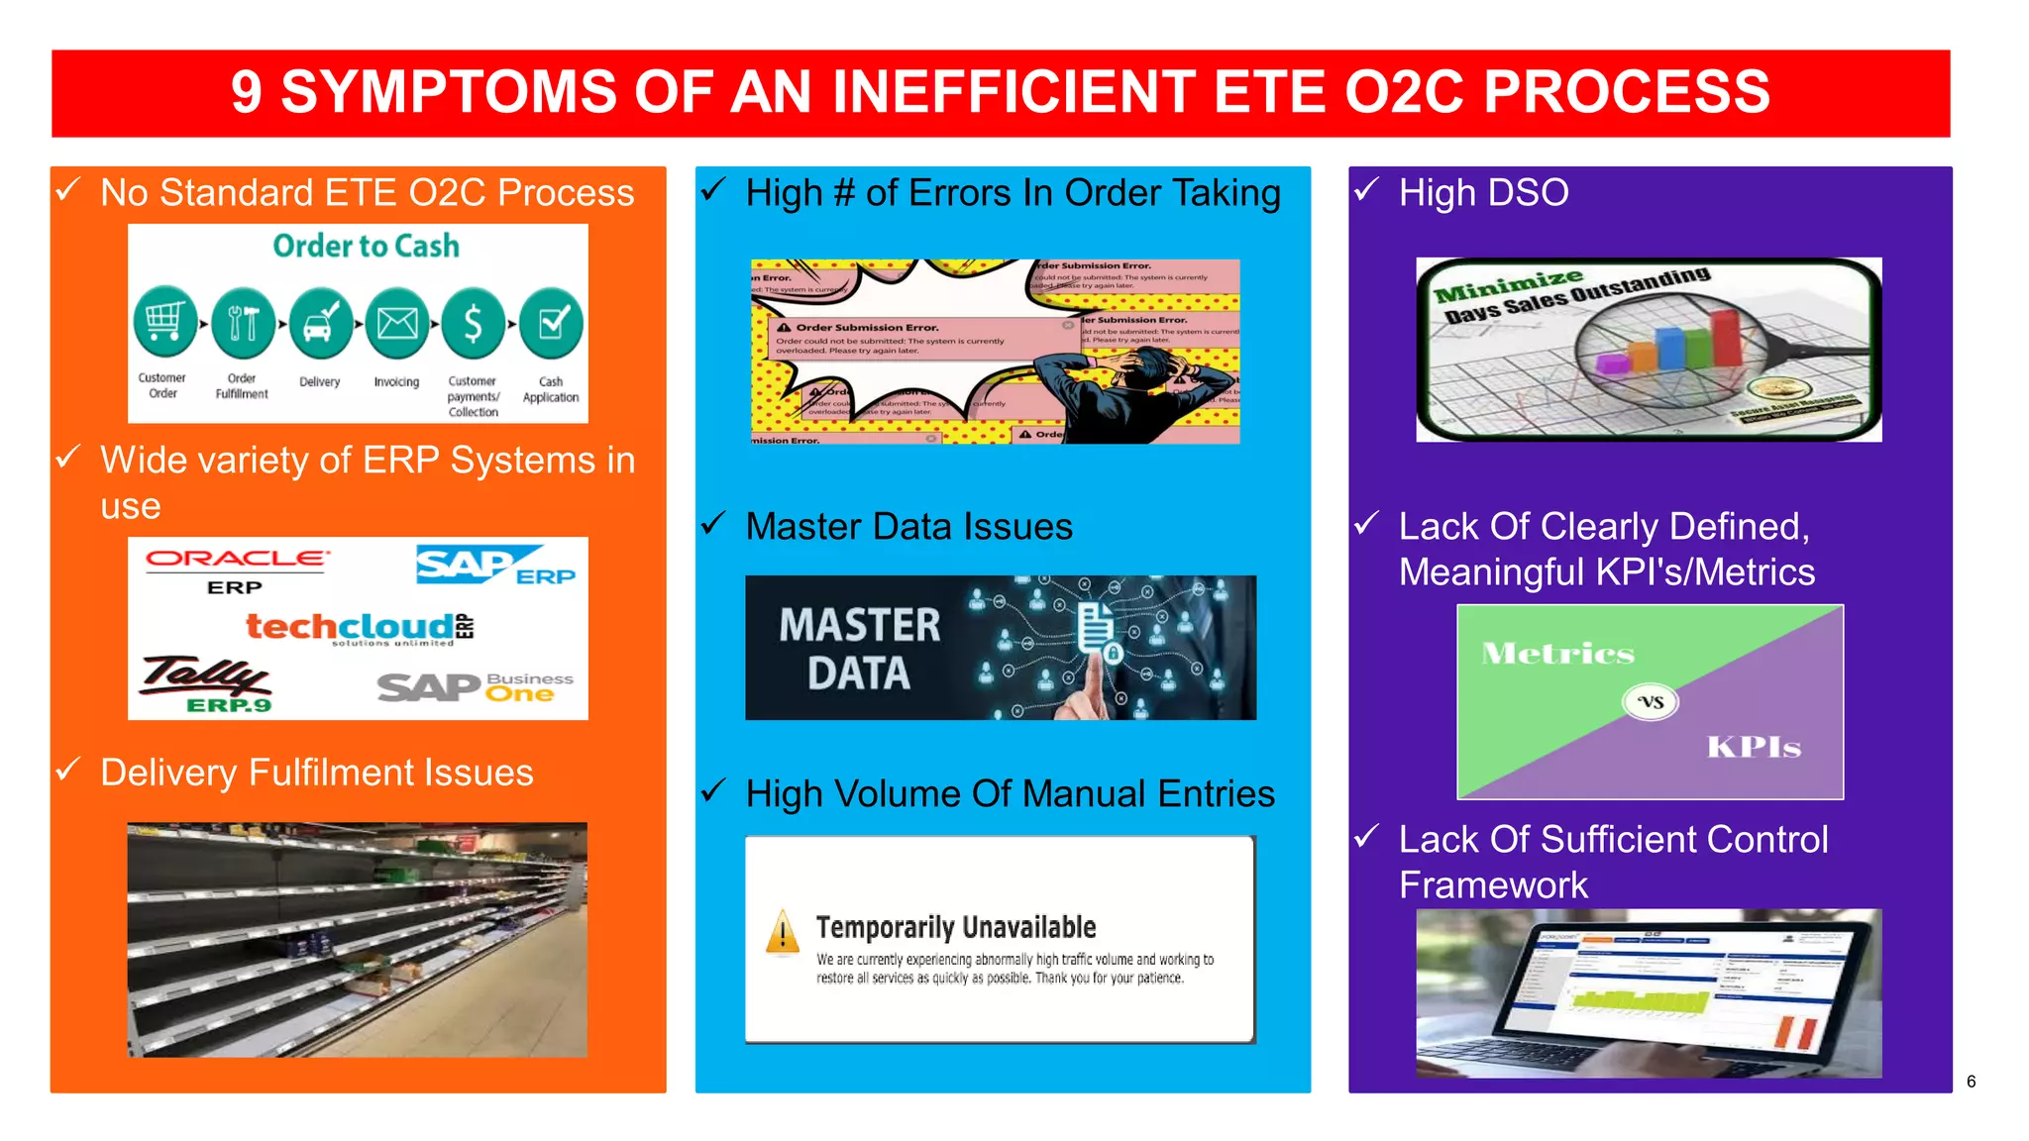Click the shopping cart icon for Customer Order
click(164, 322)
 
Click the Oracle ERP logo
click(236, 570)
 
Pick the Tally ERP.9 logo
click(206, 683)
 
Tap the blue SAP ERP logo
click(494, 566)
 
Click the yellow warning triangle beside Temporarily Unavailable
click(783, 932)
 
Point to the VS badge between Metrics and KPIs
click(1650, 702)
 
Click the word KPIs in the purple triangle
click(1753, 747)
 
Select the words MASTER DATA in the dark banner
click(859, 649)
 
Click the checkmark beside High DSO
click(1367, 189)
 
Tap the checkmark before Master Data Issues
click(713, 523)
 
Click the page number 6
click(1971, 1082)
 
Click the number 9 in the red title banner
click(247, 92)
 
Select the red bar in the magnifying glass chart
click(1727, 337)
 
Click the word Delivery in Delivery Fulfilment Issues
click(167, 773)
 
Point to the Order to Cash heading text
click(366, 246)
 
